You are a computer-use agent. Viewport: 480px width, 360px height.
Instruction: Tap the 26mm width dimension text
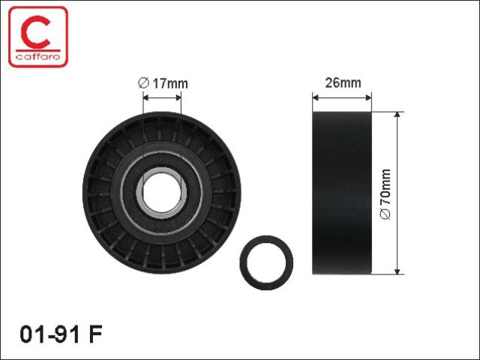click(x=343, y=82)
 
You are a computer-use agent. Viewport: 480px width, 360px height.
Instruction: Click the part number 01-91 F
click(x=61, y=334)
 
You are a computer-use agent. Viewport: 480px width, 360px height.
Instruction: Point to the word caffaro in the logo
click(x=38, y=57)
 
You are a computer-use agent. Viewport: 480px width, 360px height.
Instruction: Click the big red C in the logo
click(x=36, y=32)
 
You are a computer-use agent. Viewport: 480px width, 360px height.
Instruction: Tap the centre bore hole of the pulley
click(x=162, y=193)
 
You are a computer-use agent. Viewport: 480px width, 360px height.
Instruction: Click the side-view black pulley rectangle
click(x=342, y=193)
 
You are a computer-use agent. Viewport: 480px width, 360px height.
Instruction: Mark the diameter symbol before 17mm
click(x=143, y=83)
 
